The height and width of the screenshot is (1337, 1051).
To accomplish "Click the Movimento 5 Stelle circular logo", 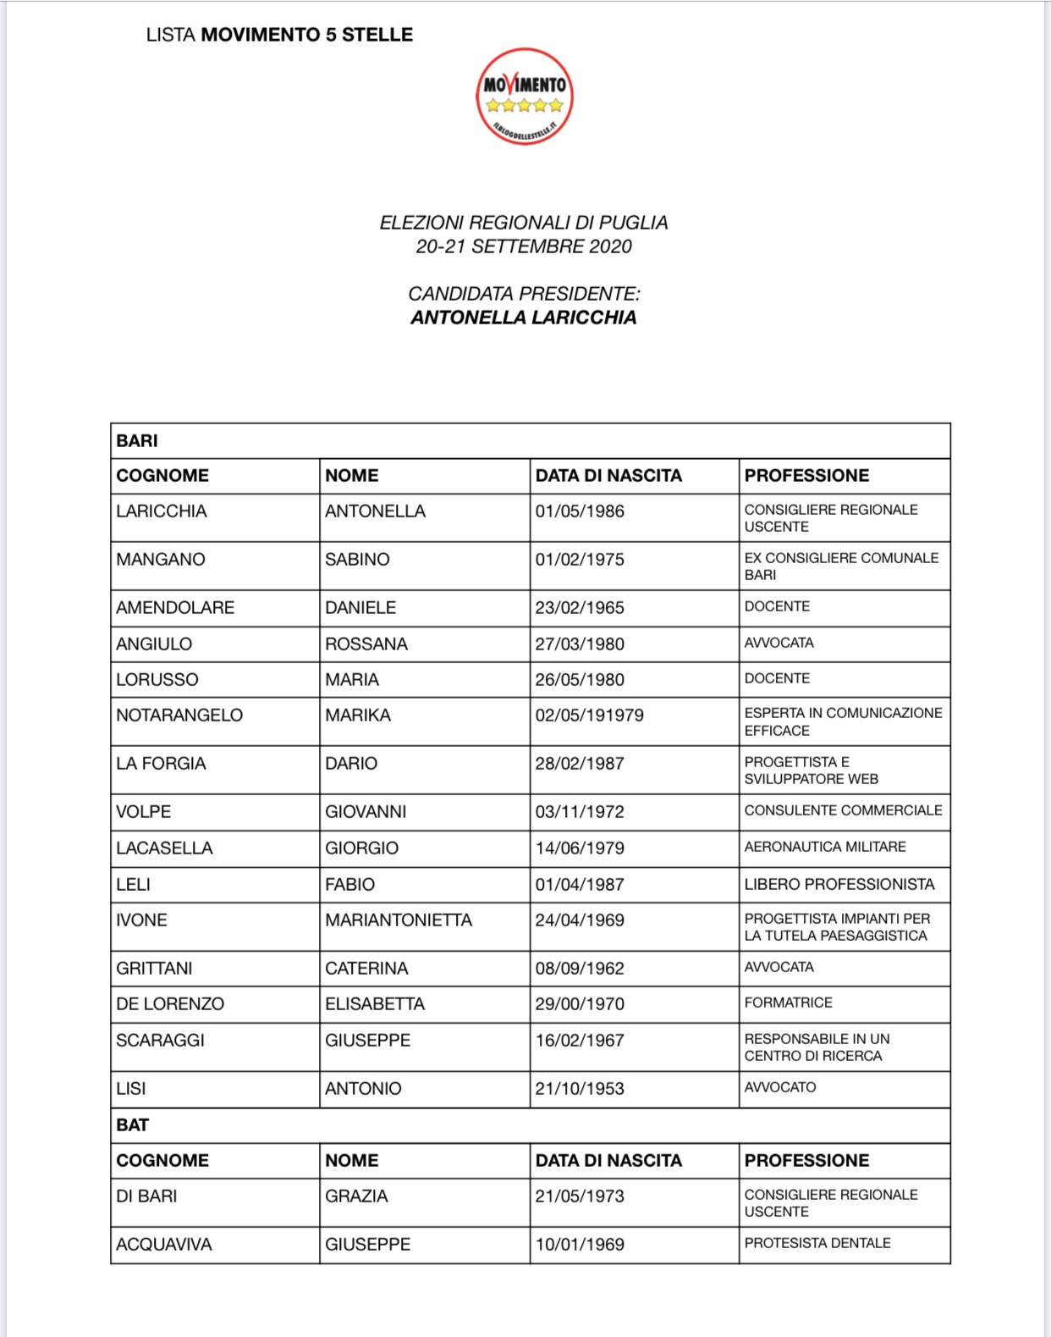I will pyautogui.click(x=524, y=97).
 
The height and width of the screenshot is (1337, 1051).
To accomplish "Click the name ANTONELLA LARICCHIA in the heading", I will pyautogui.click(x=523, y=318).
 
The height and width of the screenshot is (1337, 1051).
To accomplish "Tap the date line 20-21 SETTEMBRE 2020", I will pyautogui.click(x=523, y=246).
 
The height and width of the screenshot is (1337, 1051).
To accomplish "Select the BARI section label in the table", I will pyautogui.click(x=137, y=441).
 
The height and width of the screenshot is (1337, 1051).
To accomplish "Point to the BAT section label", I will pyautogui.click(x=133, y=1125).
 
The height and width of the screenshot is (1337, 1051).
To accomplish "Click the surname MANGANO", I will pyautogui.click(x=161, y=560).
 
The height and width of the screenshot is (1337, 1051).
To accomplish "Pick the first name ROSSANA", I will pyautogui.click(x=366, y=644).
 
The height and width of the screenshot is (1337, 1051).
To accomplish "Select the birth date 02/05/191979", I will pyautogui.click(x=589, y=715).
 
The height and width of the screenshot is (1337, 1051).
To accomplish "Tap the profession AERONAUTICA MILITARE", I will pyautogui.click(x=825, y=847).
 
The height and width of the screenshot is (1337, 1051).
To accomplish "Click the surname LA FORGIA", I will pyautogui.click(x=161, y=764).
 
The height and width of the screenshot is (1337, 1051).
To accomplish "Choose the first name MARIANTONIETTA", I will pyautogui.click(x=399, y=920).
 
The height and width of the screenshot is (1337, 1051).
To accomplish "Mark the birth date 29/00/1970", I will pyautogui.click(x=580, y=1004).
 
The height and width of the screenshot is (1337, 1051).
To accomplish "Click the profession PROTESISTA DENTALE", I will pyautogui.click(x=817, y=1243).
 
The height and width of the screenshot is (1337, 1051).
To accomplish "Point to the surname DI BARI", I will pyautogui.click(x=146, y=1196).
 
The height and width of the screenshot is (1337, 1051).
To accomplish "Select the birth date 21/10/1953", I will pyautogui.click(x=580, y=1089).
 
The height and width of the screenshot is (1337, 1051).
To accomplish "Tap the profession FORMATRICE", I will pyautogui.click(x=789, y=1003).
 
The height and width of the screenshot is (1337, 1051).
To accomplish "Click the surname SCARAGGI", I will pyautogui.click(x=160, y=1041).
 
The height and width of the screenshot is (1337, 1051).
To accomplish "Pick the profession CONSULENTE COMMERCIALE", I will pyautogui.click(x=843, y=810).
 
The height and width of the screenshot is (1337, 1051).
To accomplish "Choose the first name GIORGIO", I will pyautogui.click(x=361, y=848).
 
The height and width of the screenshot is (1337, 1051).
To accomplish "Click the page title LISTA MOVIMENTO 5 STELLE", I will pyautogui.click(x=279, y=35).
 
